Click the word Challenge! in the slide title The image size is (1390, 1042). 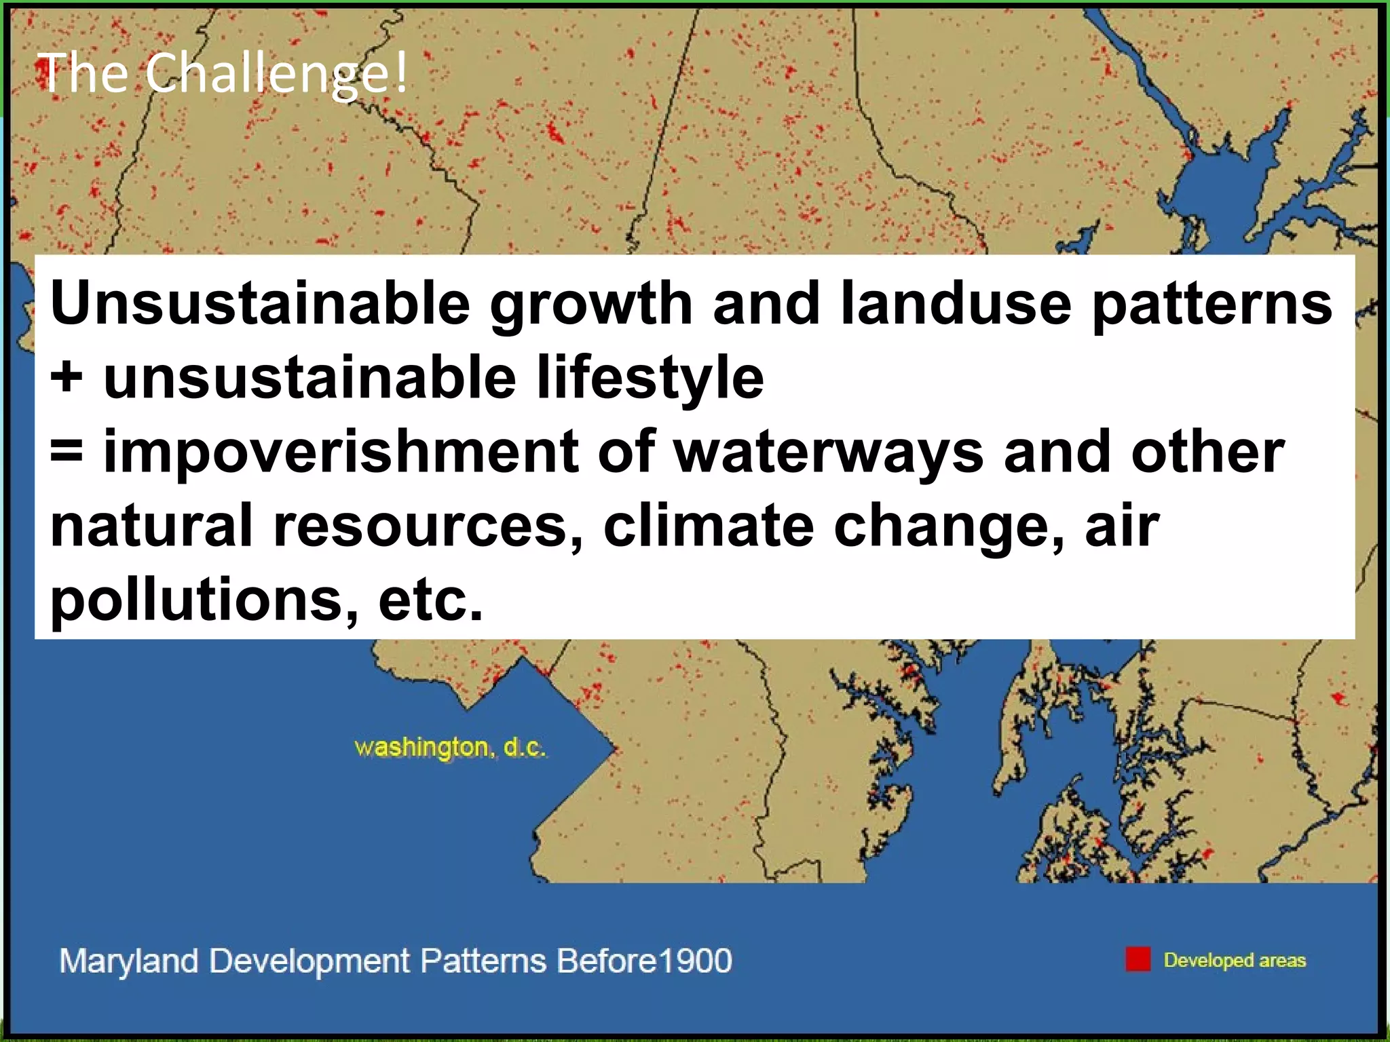pos(277,74)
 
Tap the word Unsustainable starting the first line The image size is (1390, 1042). pos(260,303)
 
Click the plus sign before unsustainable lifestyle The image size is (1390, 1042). pos(67,377)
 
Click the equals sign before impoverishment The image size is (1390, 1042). pos(67,452)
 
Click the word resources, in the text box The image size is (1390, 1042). pos(428,526)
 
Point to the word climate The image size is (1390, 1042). pos(708,526)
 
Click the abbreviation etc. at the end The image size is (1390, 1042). pos(430,600)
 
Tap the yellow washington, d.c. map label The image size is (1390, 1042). pos(450,748)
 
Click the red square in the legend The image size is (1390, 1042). pos(1138,959)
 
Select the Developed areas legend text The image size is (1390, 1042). pos(1234,960)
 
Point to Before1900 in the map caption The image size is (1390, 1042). pos(643,961)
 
